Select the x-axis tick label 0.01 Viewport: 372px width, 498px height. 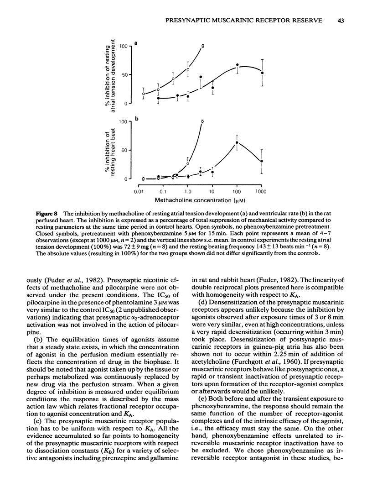pyautogui.click(x=138, y=191)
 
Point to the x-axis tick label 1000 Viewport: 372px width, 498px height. pyautogui.click(x=261, y=191)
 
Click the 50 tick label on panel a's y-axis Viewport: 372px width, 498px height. pyautogui.click(x=124, y=74)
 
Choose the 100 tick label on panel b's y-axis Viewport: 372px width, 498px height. pyautogui.click(x=123, y=122)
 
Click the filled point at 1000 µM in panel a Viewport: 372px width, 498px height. pyautogui.click(x=262, y=73)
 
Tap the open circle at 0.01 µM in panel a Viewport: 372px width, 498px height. pyautogui.click(x=144, y=94)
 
